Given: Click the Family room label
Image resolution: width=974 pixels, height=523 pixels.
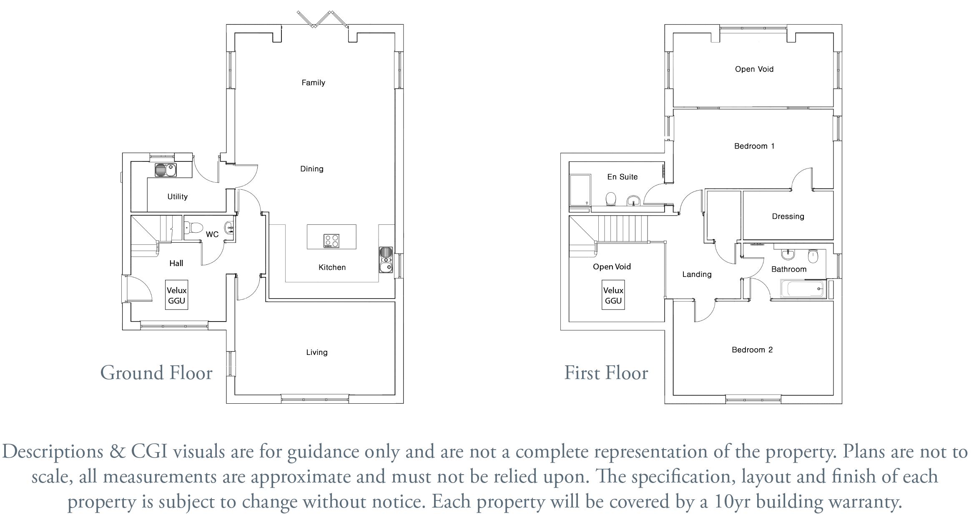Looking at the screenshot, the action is tap(313, 83).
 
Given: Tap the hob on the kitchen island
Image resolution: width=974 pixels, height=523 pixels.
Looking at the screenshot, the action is tap(331, 241).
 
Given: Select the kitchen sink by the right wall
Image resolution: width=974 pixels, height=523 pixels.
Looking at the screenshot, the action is tap(386, 260).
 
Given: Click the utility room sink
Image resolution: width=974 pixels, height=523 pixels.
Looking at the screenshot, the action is tap(166, 170).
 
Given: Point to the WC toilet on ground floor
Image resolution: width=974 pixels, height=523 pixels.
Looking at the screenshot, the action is tap(194, 228).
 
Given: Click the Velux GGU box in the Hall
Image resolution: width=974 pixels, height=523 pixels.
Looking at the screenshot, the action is tap(177, 295).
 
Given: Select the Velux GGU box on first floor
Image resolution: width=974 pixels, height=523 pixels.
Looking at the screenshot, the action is tap(613, 295).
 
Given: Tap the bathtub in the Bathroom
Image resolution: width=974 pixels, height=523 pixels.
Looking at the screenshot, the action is tap(803, 289).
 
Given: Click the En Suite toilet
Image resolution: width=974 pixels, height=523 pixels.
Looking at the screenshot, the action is tap(611, 199).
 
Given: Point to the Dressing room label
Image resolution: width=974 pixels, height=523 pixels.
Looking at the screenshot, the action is tap(788, 216).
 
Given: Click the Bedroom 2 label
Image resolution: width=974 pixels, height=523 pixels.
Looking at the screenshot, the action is tap(752, 350).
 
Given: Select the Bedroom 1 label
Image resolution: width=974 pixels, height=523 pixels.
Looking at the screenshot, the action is tap(754, 146).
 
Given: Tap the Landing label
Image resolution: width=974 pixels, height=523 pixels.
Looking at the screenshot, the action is tap(697, 274).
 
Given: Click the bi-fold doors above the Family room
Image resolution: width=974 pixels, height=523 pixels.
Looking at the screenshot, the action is tap(323, 19).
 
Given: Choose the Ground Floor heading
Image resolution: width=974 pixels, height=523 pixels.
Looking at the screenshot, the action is tap(156, 372).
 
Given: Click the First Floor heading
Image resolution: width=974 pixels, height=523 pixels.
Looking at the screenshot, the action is tap(606, 372).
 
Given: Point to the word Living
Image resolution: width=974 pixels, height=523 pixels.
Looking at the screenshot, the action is tap(317, 352).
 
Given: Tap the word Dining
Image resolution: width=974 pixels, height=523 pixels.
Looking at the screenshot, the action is tap(312, 169).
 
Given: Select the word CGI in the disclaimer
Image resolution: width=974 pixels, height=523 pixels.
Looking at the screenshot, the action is tap(149, 451).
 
